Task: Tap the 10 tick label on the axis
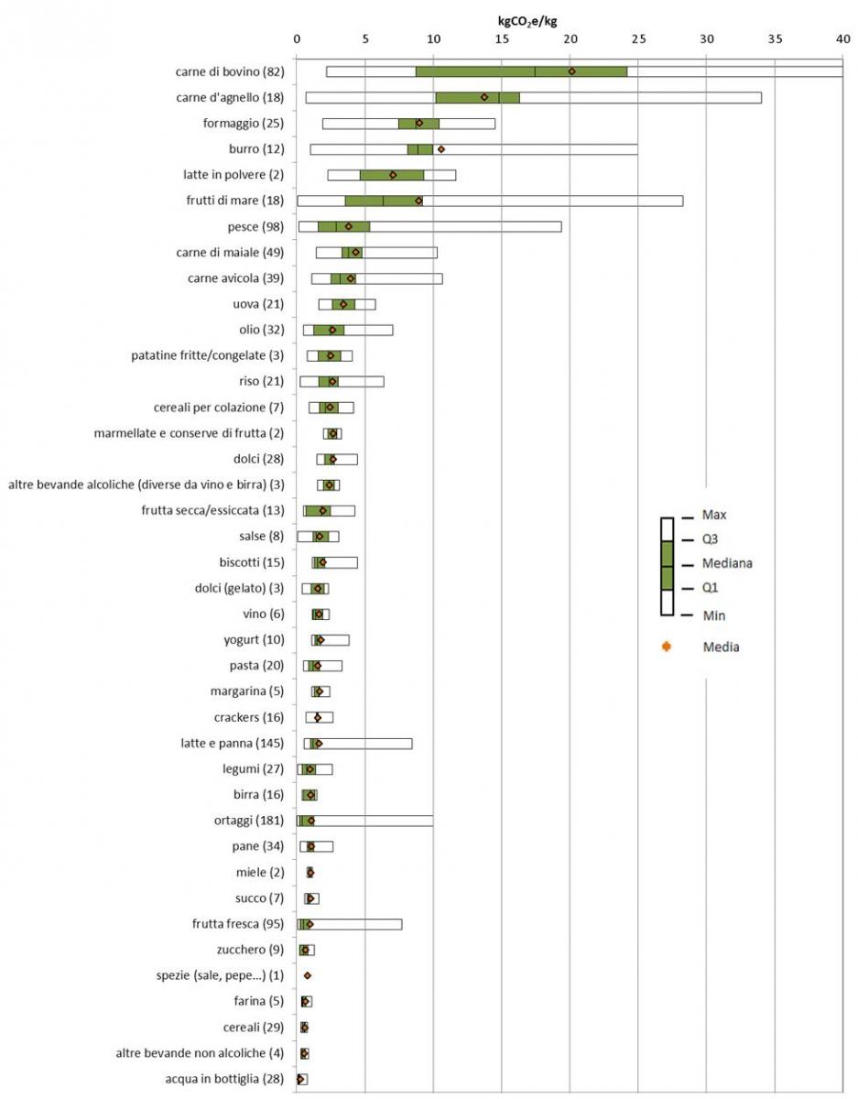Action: click(x=433, y=39)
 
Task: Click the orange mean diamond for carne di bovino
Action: click(x=571, y=71)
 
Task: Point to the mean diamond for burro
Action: click(x=440, y=148)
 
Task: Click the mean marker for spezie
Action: click(x=308, y=975)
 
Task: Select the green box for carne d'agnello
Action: click(x=477, y=97)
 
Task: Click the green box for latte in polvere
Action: click(x=392, y=174)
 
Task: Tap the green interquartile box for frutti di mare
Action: click(x=383, y=200)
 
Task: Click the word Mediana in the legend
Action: click(x=727, y=563)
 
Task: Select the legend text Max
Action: click(x=714, y=515)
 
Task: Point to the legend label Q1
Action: click(x=711, y=588)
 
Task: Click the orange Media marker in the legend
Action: click(x=667, y=647)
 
